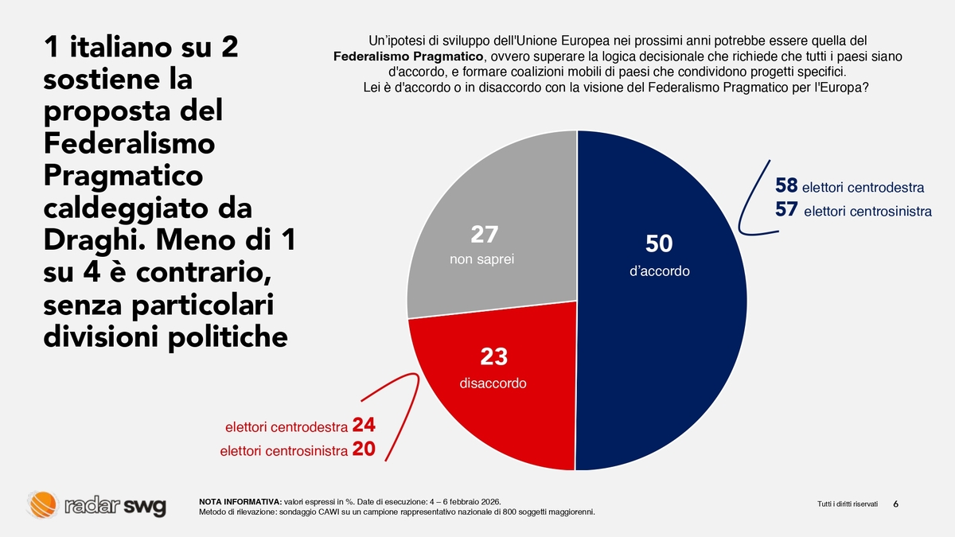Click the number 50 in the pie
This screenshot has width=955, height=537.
pyautogui.click(x=659, y=243)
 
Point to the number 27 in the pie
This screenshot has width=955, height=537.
pyautogui.click(x=485, y=235)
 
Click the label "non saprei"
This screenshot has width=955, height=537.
pyautogui.click(x=477, y=259)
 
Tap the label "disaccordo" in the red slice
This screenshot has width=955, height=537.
pyautogui.click(x=493, y=383)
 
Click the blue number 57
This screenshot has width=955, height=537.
pyautogui.click(x=786, y=210)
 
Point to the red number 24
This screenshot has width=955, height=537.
pyautogui.click(x=363, y=425)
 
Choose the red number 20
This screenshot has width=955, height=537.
pyautogui.click(x=363, y=449)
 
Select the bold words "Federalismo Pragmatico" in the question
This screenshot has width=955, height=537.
pyautogui.click(x=407, y=56)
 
